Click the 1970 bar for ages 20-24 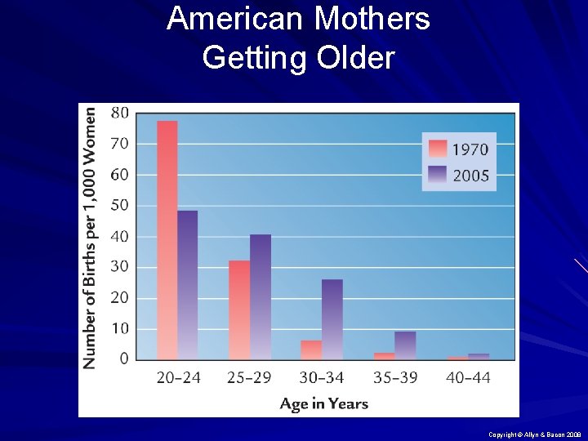(167, 240)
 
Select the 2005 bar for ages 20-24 (187, 285)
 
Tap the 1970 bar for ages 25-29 (239, 310)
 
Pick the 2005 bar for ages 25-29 (260, 297)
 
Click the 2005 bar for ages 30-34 (332, 319)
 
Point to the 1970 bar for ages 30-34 (311, 350)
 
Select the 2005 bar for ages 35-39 (405, 345)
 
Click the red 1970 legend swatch (437, 149)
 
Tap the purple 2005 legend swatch (437, 174)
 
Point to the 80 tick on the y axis (119, 113)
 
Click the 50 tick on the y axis (119, 205)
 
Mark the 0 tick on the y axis (123, 359)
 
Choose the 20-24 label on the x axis (178, 377)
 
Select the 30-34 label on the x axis (323, 377)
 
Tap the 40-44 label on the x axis (468, 377)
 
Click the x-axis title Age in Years (323, 403)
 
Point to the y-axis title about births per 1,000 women (91, 237)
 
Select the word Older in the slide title (352, 57)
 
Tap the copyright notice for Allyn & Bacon (533, 435)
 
